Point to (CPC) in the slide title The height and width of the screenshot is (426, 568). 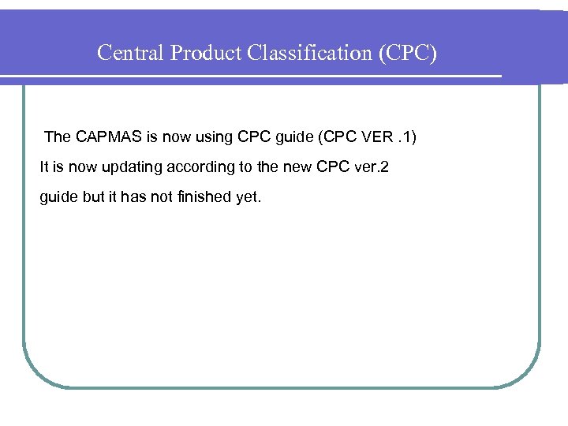[x=408, y=53]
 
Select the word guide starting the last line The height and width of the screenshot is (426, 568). [x=59, y=197]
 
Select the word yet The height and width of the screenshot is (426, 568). [x=249, y=197]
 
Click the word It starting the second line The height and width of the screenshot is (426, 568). [x=44, y=167]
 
